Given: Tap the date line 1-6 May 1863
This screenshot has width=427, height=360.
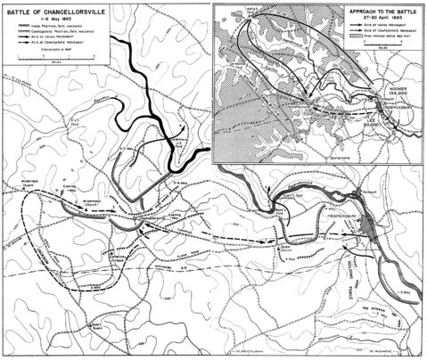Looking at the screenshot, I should point(45,19).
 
